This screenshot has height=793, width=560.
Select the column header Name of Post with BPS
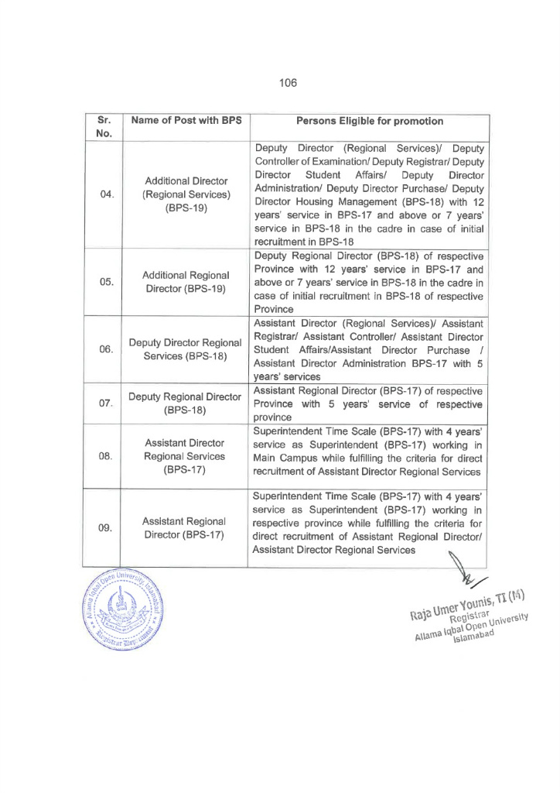pos(186,121)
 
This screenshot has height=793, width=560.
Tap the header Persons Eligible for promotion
pos(370,121)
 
